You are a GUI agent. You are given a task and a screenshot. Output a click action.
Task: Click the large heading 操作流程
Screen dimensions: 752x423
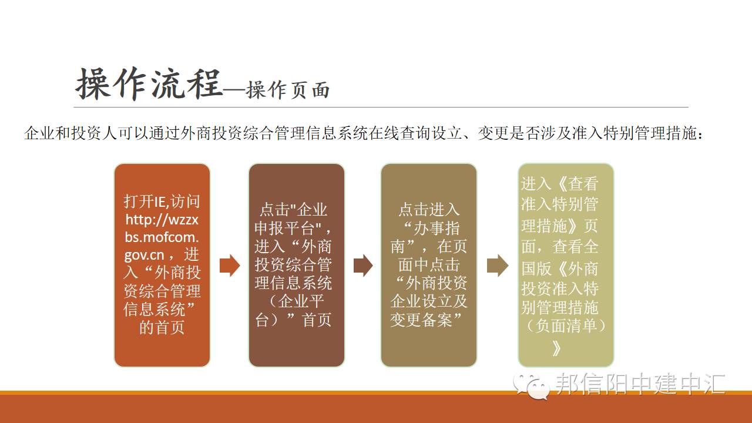tap(149, 84)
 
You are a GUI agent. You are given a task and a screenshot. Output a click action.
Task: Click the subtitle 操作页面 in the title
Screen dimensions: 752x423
tap(288, 90)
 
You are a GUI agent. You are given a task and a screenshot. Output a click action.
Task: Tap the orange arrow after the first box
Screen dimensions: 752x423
tap(230, 266)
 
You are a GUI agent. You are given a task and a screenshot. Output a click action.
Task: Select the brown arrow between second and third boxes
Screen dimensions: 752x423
tap(363, 266)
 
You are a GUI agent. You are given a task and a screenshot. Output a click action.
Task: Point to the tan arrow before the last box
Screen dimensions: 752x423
tap(498, 266)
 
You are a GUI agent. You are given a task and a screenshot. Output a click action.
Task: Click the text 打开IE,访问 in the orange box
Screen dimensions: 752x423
tap(162, 202)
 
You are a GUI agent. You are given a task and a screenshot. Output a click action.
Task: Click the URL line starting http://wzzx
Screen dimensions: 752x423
tap(162, 220)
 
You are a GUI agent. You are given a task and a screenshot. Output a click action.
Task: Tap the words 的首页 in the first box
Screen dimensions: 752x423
tap(162, 327)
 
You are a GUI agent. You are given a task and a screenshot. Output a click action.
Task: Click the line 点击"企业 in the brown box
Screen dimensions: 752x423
tap(293, 210)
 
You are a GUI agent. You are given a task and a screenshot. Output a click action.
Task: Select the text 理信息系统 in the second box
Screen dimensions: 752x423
tap(293, 283)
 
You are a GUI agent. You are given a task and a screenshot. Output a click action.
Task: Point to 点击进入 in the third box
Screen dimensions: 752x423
tap(429, 210)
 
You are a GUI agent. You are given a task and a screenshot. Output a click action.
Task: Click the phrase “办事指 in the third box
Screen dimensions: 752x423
tap(431, 229)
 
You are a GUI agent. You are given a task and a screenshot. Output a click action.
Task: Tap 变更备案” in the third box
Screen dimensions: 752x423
tap(425, 320)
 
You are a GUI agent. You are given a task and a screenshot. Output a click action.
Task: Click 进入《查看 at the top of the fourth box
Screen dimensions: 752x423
tap(560, 184)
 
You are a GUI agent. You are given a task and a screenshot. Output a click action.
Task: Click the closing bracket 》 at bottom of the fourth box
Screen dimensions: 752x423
tap(556, 348)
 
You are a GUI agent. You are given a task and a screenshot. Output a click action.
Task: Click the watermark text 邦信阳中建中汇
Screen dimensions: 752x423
tap(640, 384)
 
